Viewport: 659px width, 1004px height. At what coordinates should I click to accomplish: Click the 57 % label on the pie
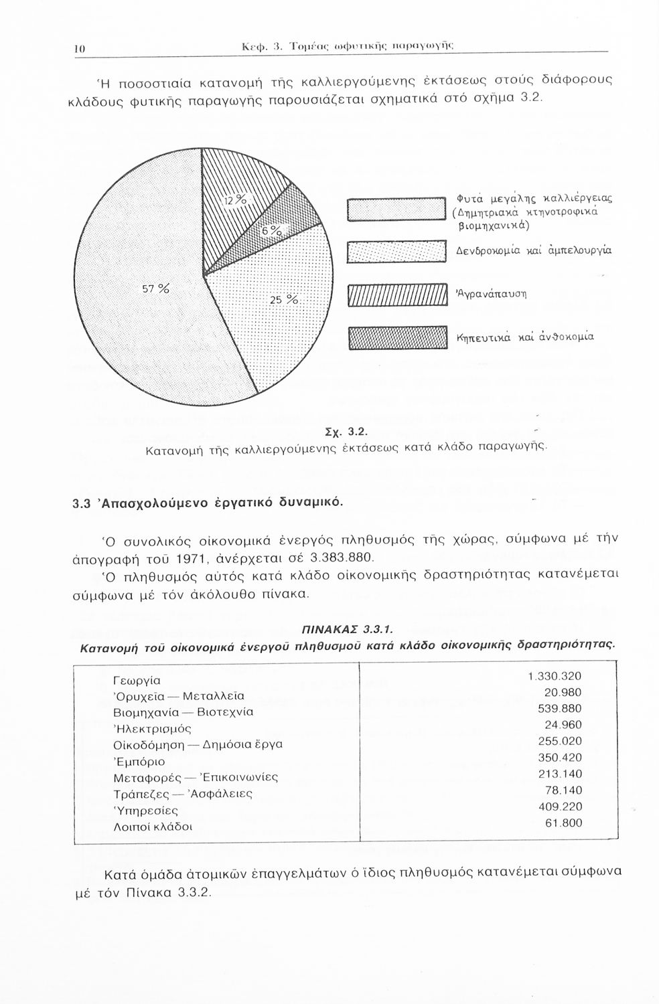155,289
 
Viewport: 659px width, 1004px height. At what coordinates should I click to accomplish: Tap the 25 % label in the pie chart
283,300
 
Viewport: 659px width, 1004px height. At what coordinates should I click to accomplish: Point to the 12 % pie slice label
235,201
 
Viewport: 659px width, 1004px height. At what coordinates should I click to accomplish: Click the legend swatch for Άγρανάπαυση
396,295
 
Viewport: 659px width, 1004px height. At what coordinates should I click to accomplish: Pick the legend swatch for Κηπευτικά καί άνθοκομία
396,338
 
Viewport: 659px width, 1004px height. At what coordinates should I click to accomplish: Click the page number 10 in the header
78,48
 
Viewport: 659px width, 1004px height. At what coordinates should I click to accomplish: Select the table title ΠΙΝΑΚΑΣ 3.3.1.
346,629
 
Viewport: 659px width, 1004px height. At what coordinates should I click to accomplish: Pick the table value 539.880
560,709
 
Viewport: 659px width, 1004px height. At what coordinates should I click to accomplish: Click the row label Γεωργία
137,681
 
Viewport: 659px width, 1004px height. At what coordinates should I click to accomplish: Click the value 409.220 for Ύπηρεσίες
560,807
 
